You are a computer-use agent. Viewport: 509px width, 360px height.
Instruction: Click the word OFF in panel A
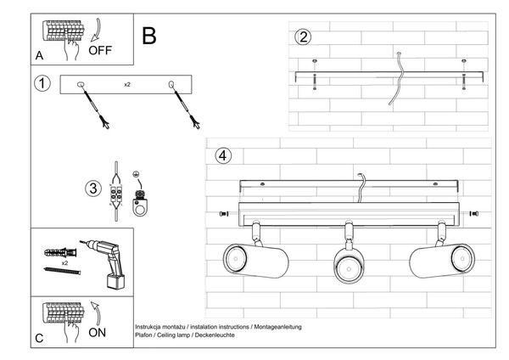point(100,49)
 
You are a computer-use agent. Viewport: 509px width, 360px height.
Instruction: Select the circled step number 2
point(304,37)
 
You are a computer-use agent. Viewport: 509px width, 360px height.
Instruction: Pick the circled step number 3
point(93,188)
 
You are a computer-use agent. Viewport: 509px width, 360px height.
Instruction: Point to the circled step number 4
point(222,155)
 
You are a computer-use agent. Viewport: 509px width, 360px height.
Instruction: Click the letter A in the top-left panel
point(40,56)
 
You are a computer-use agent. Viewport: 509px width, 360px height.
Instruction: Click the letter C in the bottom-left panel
point(40,338)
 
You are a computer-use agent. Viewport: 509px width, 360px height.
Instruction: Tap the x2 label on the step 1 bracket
point(126,85)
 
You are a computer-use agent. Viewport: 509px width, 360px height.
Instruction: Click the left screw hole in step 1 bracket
point(81,84)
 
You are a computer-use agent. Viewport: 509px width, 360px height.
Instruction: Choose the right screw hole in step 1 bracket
point(172,84)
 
